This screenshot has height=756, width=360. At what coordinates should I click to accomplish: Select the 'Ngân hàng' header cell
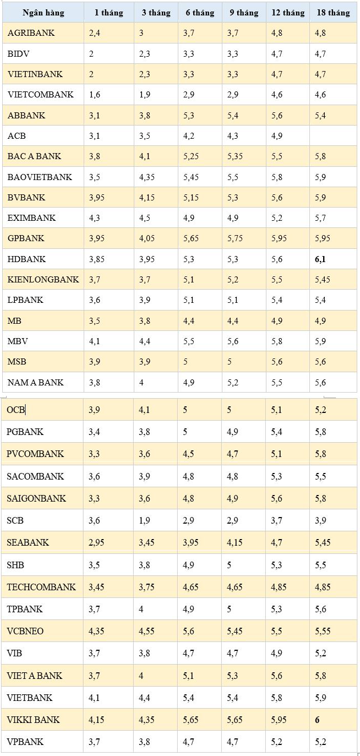click(x=43, y=13)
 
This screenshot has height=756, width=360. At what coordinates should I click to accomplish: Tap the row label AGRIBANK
click(x=31, y=33)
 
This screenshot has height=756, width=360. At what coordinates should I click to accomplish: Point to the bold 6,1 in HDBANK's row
click(x=320, y=259)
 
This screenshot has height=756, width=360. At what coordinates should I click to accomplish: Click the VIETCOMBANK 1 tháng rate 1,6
click(x=94, y=95)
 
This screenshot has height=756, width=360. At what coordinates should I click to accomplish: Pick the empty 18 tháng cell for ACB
click(x=332, y=135)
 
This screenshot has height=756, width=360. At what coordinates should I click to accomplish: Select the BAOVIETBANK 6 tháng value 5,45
click(x=191, y=177)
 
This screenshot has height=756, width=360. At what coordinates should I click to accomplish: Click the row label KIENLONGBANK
click(x=43, y=280)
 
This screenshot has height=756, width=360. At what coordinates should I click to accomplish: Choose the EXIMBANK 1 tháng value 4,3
click(x=94, y=217)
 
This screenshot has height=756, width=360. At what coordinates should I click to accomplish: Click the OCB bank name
click(x=15, y=410)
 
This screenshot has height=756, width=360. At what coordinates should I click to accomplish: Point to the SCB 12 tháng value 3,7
click(x=276, y=520)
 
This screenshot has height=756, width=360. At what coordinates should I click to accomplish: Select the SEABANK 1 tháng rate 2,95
click(x=96, y=542)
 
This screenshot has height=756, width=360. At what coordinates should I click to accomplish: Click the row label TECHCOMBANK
click(x=41, y=587)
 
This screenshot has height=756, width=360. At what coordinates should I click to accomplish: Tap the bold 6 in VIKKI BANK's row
click(x=317, y=720)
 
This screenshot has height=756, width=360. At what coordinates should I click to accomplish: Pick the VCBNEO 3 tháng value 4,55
click(x=146, y=631)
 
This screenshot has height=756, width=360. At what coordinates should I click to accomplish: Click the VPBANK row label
click(x=25, y=742)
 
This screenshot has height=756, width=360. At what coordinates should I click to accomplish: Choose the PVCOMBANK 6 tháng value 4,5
click(x=188, y=454)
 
